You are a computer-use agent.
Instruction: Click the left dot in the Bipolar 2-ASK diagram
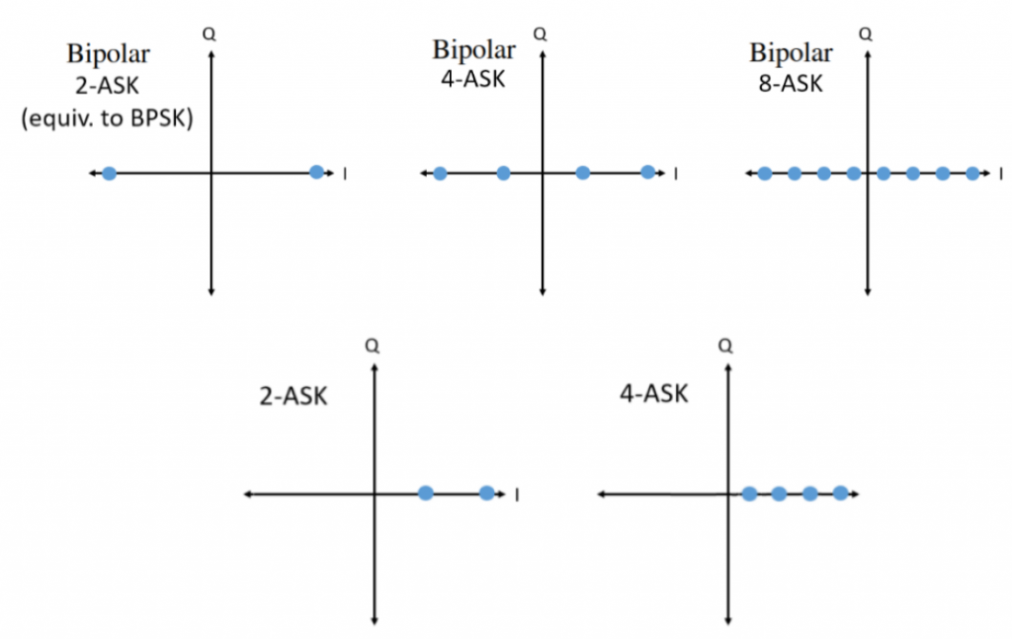point(109,174)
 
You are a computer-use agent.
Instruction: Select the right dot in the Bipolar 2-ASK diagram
point(316,173)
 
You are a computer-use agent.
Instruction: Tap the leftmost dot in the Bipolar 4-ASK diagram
point(440,174)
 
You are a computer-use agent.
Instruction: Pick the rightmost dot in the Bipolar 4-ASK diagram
point(647,173)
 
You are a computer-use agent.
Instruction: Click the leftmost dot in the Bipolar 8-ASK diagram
point(764,174)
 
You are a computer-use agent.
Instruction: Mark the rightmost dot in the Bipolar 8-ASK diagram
point(972,174)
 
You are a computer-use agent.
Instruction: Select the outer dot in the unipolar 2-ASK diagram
point(486,493)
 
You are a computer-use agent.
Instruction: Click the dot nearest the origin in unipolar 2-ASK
point(425,493)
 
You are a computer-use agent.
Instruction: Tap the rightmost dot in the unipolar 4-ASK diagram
point(840,493)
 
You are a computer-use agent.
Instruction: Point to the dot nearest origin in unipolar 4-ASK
point(749,493)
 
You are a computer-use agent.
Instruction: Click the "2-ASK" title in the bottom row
point(293,398)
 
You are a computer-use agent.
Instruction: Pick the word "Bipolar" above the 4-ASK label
point(473,49)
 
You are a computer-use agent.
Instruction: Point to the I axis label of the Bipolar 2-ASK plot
point(344,175)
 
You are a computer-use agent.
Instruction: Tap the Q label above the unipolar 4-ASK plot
point(726,347)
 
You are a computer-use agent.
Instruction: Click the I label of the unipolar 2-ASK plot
point(518,495)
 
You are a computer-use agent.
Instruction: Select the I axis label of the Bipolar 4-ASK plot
point(675,175)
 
